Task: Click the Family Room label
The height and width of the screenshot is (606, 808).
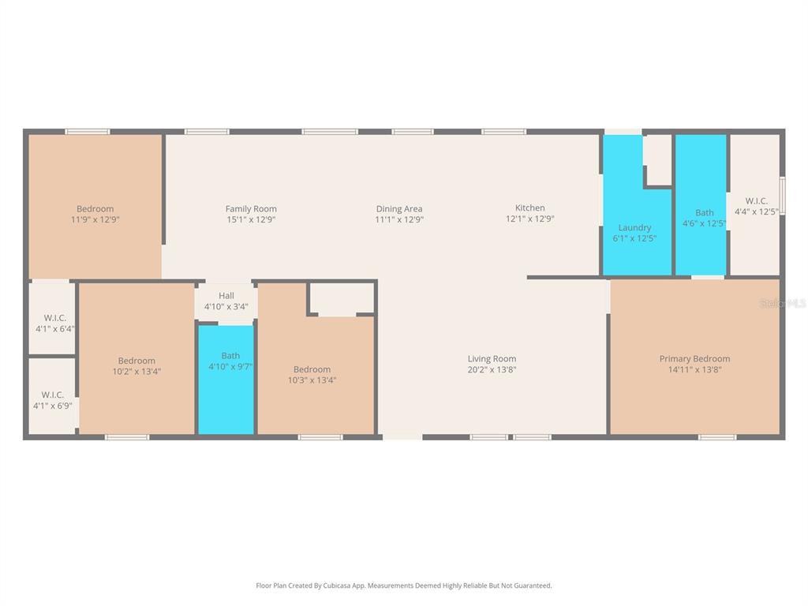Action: [x=251, y=209]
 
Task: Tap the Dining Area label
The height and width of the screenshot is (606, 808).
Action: [x=398, y=209]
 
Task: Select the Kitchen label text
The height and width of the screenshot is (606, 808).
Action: [x=529, y=208]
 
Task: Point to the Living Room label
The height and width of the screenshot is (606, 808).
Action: [x=492, y=359]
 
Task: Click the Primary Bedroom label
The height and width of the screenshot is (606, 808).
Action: [x=694, y=359]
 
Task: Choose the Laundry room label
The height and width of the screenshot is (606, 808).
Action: [x=634, y=228]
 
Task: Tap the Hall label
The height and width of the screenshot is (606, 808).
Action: [x=226, y=296]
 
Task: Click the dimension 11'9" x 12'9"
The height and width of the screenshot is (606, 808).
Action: [x=95, y=220]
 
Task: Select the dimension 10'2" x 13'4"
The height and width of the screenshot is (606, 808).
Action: [x=137, y=372]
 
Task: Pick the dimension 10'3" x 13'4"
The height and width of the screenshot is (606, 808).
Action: [x=312, y=380]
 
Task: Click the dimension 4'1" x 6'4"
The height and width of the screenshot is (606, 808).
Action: [x=54, y=329]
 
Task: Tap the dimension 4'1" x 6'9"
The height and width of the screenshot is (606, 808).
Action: [x=53, y=406]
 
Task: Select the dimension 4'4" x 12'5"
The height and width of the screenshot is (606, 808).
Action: [x=756, y=211]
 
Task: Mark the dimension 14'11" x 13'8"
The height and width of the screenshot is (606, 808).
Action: [x=694, y=369]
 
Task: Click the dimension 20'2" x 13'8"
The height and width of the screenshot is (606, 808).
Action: [x=492, y=369]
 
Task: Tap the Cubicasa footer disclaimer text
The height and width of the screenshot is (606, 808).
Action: [x=404, y=585]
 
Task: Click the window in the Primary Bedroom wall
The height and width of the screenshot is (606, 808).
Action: [x=716, y=436]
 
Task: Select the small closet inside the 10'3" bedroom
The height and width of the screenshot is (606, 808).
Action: [x=341, y=298]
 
